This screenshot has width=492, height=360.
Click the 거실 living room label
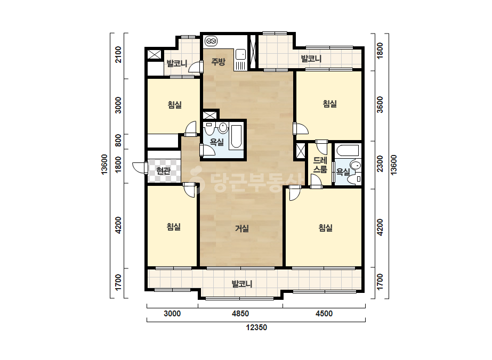click(242, 228)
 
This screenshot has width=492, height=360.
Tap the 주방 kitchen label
click(218, 61)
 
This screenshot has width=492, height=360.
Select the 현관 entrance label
click(163, 171)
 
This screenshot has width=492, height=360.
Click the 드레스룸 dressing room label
click(320, 165)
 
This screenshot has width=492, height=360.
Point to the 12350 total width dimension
click(256, 328)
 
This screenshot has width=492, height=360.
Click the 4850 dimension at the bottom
click(240, 314)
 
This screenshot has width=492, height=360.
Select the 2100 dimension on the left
click(118, 54)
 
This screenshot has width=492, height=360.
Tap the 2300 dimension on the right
click(380, 163)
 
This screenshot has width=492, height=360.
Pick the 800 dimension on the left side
click(118, 140)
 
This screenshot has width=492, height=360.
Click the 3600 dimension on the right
click(380, 105)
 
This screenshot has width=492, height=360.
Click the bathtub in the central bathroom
click(236, 137)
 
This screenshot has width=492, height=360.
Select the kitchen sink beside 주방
click(240, 54)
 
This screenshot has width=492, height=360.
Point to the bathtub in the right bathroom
click(347, 151)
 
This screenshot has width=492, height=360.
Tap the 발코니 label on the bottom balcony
click(242, 284)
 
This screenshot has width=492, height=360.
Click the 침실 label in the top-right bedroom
click(330, 104)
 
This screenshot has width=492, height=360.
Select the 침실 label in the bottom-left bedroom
click(174, 227)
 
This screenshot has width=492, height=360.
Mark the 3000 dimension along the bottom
click(172, 314)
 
